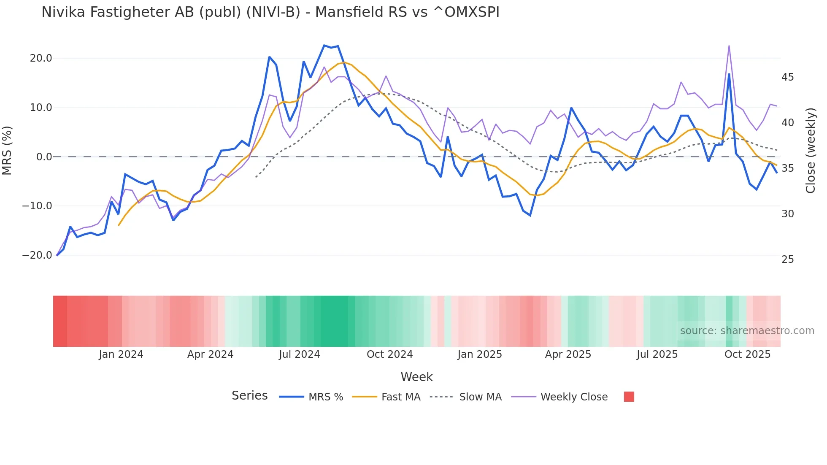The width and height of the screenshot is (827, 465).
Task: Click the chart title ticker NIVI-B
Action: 273,12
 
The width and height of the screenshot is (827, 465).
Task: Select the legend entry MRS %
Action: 325,397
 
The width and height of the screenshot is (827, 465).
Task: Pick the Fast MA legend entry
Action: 400,397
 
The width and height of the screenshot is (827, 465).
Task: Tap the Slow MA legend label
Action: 480,397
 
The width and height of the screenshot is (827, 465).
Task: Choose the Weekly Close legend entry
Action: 574,397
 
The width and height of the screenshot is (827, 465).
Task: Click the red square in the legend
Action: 629,397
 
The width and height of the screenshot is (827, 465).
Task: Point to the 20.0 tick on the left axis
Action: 41,58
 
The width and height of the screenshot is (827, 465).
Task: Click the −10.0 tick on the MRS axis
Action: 37,206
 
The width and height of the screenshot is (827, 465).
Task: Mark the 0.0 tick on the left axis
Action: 44,157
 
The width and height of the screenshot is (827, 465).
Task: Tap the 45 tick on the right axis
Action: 787,77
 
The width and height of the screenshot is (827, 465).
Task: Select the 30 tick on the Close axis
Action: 787,214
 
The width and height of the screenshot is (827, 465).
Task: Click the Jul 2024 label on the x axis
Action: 299,354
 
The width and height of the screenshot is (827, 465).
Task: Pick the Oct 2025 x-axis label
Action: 747,354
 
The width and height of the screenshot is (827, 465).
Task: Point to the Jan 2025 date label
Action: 480,354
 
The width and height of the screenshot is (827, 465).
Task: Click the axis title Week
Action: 416,377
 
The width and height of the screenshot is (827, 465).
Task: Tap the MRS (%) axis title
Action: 7,150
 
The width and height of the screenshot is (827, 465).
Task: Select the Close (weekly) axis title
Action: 811,151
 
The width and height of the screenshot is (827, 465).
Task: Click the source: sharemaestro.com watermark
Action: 747,331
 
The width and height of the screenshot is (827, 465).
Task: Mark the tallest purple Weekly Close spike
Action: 729,46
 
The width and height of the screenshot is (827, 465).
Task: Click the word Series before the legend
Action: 249,396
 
